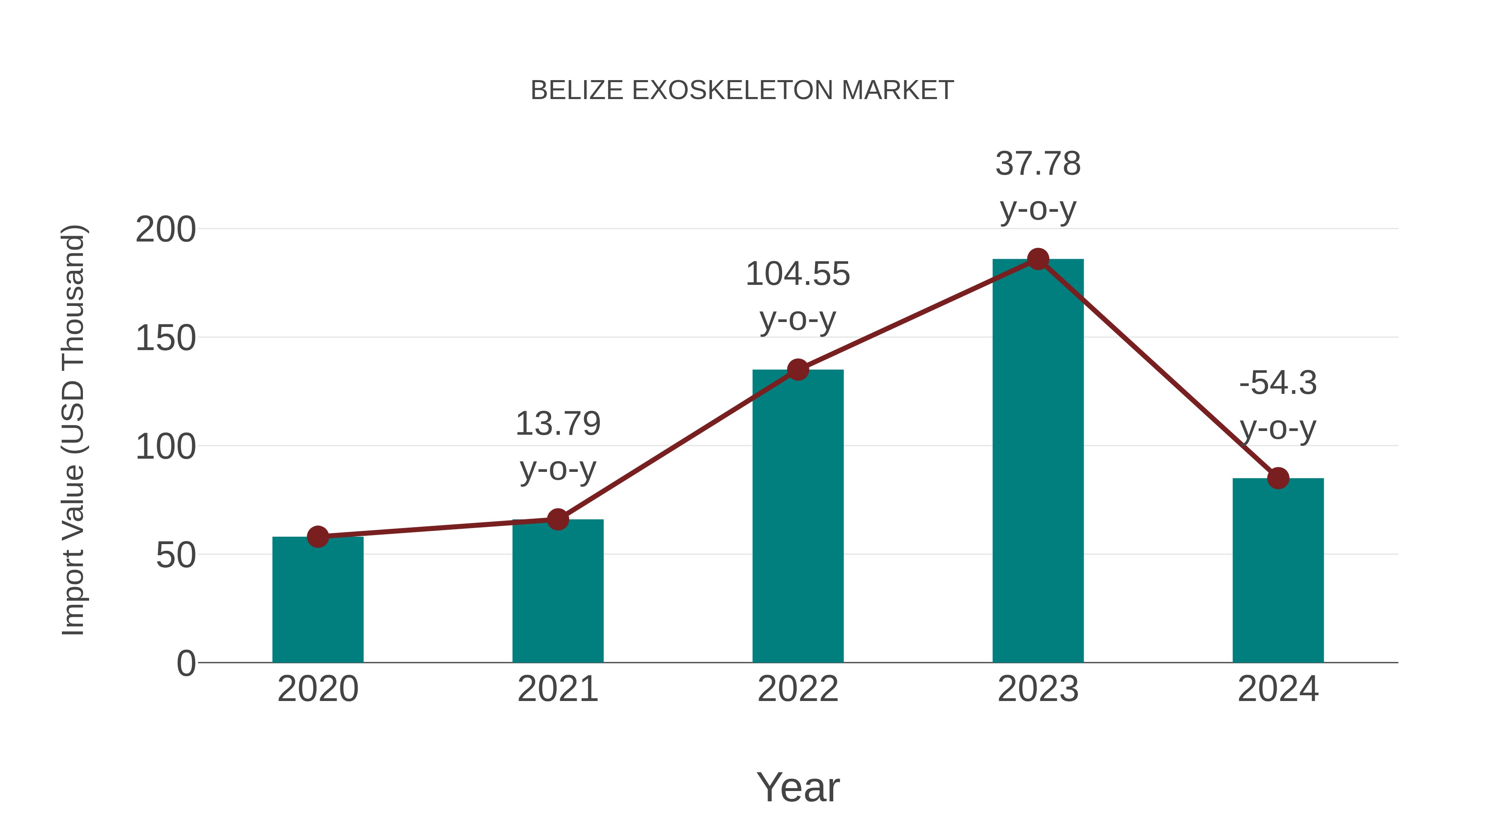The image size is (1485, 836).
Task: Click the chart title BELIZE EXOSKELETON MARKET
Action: (x=742, y=90)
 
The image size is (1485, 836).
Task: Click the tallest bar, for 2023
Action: (x=1038, y=462)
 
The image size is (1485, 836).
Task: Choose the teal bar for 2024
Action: (x=1278, y=571)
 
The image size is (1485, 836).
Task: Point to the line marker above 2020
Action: (x=318, y=537)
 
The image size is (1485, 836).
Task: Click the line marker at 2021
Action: (x=557, y=520)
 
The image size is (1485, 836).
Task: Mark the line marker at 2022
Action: (x=798, y=370)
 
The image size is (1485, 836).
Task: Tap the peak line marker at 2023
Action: (x=1038, y=259)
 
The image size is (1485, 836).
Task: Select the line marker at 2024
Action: (x=1278, y=478)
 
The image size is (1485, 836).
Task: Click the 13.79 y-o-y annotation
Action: (x=557, y=446)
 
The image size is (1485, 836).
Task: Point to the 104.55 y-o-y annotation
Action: (x=798, y=296)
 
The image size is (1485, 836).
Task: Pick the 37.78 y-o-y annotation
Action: (x=1038, y=186)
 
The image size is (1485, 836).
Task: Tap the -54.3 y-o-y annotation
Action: (x=1278, y=405)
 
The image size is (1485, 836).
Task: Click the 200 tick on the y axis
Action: (x=165, y=230)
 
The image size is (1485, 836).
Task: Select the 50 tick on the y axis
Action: (x=175, y=556)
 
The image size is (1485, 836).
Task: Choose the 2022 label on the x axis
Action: (x=798, y=689)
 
